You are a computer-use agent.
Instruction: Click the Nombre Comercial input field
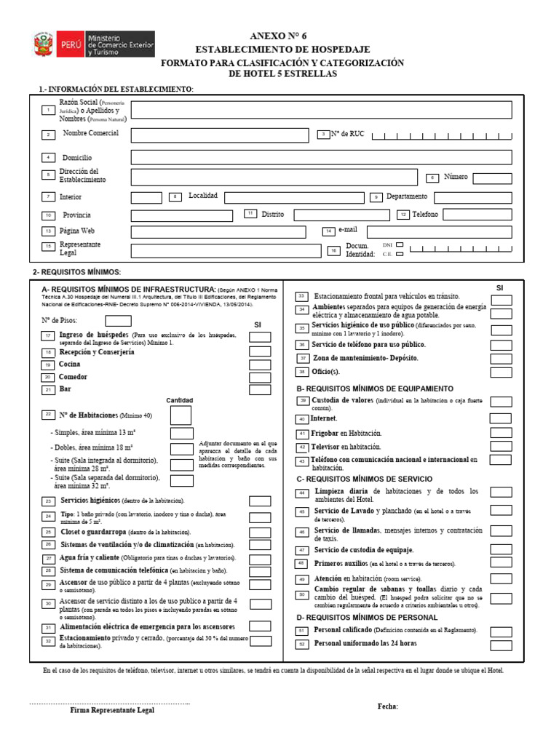(220, 135)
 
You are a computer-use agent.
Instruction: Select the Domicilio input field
(321, 157)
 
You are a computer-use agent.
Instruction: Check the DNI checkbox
(399, 246)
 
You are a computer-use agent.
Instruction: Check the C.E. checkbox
(399, 255)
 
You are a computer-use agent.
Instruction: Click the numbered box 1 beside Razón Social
(48, 110)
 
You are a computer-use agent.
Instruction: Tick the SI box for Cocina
(260, 364)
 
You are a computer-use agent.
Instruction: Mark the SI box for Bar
(260, 390)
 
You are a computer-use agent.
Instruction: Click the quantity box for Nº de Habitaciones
(181, 415)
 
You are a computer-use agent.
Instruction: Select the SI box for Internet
(500, 418)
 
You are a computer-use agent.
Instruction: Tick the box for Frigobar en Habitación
(500, 434)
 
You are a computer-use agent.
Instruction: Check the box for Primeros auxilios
(500, 564)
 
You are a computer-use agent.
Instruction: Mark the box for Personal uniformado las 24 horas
(500, 645)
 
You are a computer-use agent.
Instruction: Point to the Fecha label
(388, 706)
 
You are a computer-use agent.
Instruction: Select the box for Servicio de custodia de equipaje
(500, 550)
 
